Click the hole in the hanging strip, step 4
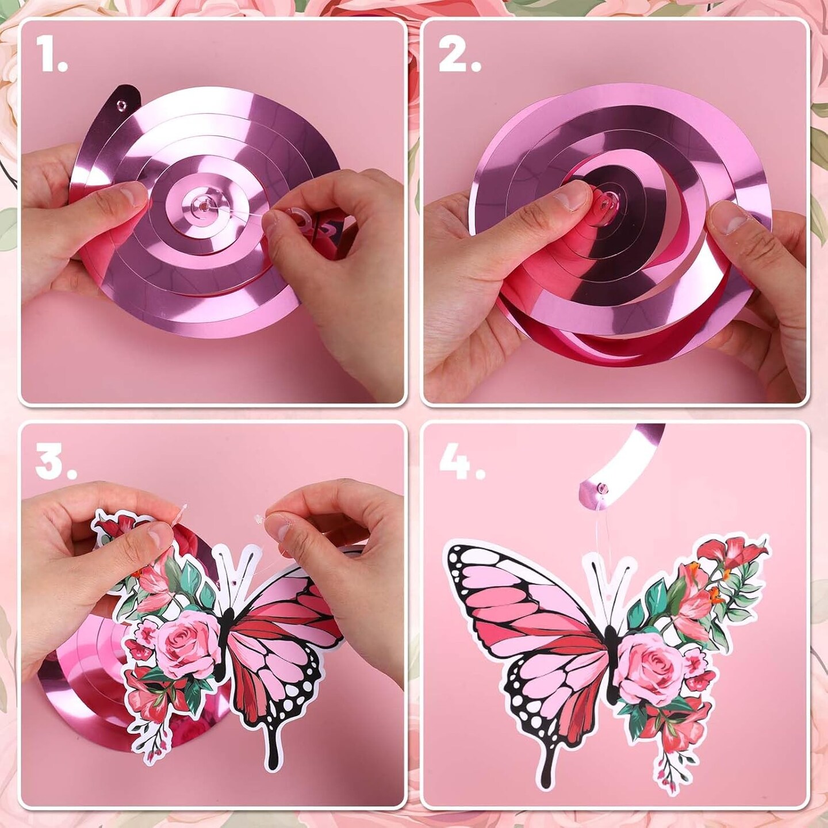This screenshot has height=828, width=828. point(604,489)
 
